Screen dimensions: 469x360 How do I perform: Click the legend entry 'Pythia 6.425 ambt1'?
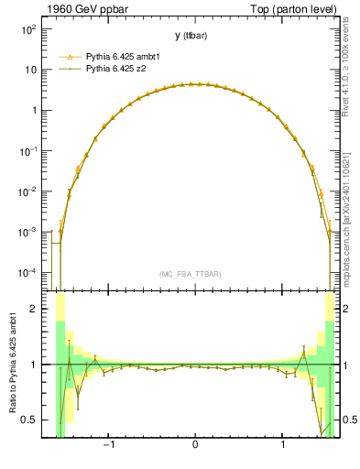pos(125,56)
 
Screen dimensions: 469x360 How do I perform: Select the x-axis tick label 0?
pos(195,446)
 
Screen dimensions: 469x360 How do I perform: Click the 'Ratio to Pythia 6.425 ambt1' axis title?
pos(13,363)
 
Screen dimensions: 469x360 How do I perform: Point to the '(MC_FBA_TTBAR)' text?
pos(191,274)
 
